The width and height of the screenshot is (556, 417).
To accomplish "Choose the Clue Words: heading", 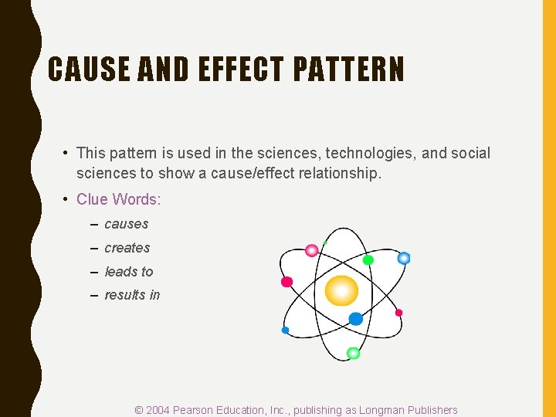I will tap(118, 199).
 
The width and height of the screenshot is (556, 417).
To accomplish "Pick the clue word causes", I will tap(126, 224).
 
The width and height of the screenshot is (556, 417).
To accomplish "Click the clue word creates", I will tap(127, 248).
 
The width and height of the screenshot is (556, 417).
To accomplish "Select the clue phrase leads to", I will tap(128, 272).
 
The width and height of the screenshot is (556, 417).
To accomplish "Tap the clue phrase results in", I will tap(132, 295).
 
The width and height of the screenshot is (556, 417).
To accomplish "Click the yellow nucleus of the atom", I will tap(341, 291).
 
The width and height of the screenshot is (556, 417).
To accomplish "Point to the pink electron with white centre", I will tap(312, 250).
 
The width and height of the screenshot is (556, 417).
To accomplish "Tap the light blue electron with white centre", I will tap(403, 258).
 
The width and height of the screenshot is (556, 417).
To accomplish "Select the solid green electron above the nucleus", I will tap(368, 260).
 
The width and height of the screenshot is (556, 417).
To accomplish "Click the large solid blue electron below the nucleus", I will tap(355, 318).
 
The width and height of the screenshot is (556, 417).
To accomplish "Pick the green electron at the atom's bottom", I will tap(353, 354).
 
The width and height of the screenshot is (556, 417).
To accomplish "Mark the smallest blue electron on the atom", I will tap(285, 331).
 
